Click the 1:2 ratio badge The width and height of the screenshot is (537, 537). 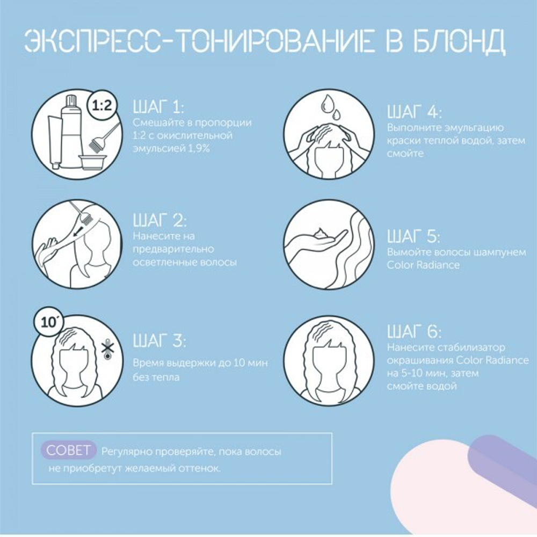[x=101, y=106]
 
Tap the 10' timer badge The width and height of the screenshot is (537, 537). [x=49, y=322]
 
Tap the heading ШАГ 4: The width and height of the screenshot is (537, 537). [x=414, y=112]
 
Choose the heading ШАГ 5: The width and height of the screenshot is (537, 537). [x=413, y=237]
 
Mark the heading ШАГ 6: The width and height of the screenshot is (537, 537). [x=414, y=330]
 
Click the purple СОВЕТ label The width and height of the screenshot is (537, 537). [x=69, y=451]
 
